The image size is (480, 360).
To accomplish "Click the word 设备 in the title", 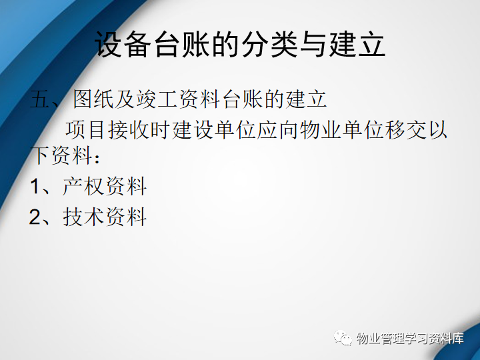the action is click(123, 44).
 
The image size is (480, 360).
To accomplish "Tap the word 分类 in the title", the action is click(269, 44).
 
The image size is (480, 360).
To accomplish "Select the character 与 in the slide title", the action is click(313, 44).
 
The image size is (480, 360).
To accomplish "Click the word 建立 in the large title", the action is click(357, 44).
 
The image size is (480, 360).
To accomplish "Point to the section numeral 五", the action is click(40, 99).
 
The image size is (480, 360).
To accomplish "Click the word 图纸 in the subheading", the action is click(94, 99).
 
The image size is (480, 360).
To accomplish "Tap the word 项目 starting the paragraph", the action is click(85, 130).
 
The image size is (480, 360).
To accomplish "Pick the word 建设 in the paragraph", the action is click(192, 130).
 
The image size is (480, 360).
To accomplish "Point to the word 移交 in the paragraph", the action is click(405, 130).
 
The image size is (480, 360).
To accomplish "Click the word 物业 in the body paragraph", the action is click(320, 130).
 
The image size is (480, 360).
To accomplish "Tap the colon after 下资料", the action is click(97, 159).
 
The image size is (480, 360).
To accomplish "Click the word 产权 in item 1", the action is click(83, 186).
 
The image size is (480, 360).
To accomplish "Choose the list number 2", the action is click(35, 217).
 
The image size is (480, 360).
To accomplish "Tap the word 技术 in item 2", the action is click(83, 217).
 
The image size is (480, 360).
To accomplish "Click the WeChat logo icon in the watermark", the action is click(343, 337).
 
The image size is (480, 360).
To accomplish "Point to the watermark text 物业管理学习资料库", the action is click(410, 338).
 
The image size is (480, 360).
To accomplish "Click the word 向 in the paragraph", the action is click(289, 130).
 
